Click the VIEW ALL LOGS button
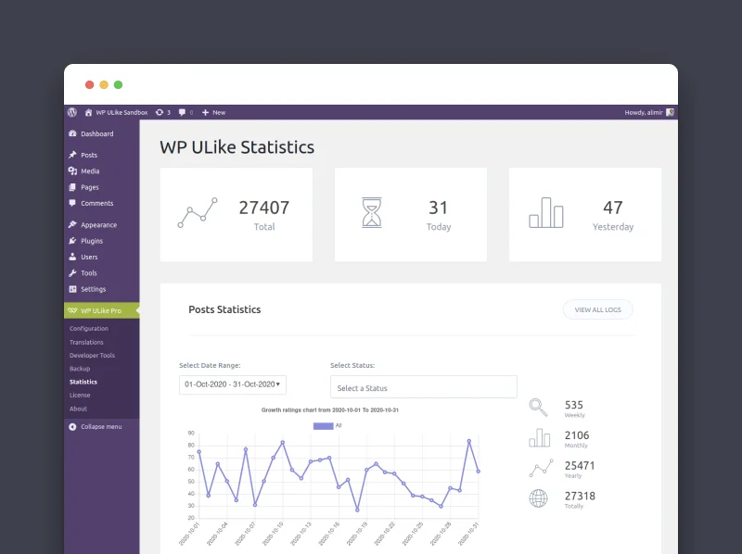tap(597, 309)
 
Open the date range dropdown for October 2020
tap(232, 384)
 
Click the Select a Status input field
tap(423, 387)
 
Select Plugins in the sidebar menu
tap(91, 241)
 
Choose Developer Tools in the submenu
tap(92, 356)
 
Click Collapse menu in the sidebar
tap(100, 426)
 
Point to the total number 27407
tap(263, 208)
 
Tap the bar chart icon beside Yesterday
tap(545, 213)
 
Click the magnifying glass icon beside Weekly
tap(539, 408)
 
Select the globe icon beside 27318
tap(539, 498)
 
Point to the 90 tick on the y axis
tap(190, 433)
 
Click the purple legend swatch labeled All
tap(323, 425)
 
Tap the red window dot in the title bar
tap(89, 84)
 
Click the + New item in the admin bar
tap(213, 112)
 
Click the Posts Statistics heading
tap(224, 309)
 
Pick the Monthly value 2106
tap(576, 435)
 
